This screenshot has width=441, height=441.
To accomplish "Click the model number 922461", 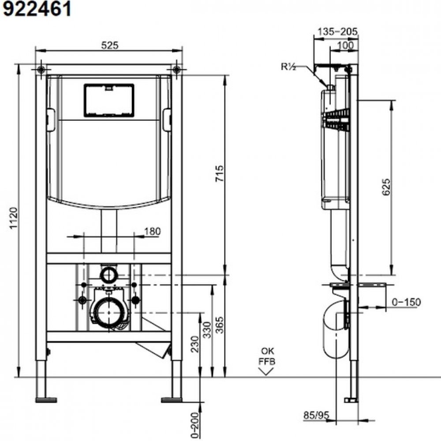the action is [x=37, y=9].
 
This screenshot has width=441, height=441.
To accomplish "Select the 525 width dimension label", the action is [x=110, y=45].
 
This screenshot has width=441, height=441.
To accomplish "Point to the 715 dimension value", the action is [x=220, y=173].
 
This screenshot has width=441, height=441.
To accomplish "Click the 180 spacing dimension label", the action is [x=152, y=231].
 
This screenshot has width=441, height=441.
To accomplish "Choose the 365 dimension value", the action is [x=220, y=325].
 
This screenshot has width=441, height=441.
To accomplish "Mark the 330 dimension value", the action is [x=207, y=330].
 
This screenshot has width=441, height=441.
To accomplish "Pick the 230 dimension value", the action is [x=194, y=344].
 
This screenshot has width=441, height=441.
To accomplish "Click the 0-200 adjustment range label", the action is [x=194, y=425].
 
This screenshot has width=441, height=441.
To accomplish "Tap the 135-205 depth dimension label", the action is [x=337, y=31].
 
